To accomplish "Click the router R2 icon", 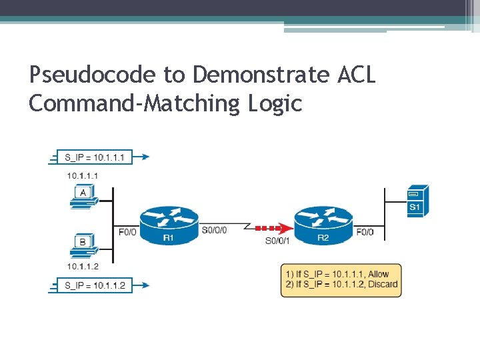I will (323, 224).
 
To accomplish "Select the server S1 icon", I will (417, 200).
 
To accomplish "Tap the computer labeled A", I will (83, 195).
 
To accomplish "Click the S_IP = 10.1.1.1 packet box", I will (95, 157).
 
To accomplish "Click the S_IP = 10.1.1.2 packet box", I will (95, 285).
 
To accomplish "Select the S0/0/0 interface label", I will (214, 230).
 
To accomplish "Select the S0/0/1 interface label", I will (277, 240).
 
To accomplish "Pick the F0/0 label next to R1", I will (127, 232).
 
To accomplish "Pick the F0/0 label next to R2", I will (365, 232).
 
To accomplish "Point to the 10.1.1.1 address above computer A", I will (83, 175).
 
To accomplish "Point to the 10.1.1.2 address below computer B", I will (83, 267).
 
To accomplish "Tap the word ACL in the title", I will (356, 75).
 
